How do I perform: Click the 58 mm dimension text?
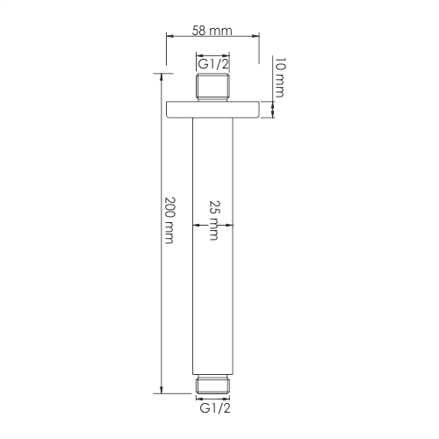(212, 30)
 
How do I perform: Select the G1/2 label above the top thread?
(212, 64)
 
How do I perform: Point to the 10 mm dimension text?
(279, 77)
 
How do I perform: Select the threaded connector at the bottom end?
(213, 384)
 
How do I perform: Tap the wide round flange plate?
(213, 111)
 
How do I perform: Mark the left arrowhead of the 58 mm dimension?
(170, 38)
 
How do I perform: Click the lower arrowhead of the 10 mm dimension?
(272, 119)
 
